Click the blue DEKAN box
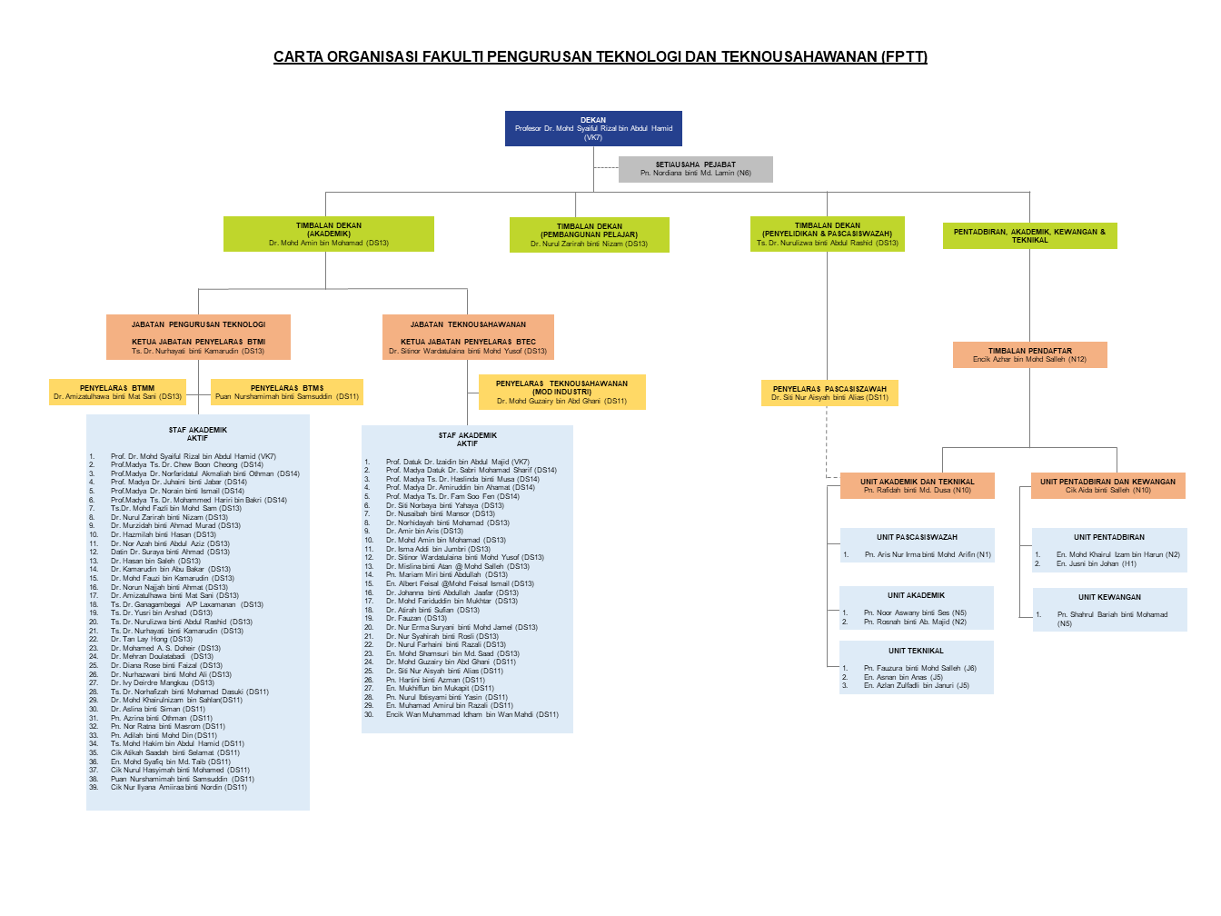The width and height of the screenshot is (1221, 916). (593, 128)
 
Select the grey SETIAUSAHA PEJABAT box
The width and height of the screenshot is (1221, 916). (695, 169)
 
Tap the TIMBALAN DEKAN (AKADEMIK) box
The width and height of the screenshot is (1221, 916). (329, 234)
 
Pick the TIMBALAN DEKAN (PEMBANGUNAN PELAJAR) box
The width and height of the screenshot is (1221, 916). (589, 234)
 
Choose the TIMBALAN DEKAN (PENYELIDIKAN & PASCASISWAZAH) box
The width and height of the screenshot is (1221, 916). (827, 234)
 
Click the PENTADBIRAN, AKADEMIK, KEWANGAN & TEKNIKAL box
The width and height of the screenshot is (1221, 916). (1029, 235)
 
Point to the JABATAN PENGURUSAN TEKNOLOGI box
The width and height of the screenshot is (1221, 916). (198, 337)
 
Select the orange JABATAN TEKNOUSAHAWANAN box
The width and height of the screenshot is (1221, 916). (468, 337)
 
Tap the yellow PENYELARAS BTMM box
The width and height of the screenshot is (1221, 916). (117, 392)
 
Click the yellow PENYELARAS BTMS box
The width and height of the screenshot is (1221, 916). (287, 392)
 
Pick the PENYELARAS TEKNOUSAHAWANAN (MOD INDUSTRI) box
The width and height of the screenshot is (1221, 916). (561, 392)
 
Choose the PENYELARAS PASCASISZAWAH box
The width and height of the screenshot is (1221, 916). (829, 393)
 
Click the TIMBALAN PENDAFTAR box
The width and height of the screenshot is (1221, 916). (1029, 354)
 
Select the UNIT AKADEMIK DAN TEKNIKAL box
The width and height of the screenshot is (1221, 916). (918, 485)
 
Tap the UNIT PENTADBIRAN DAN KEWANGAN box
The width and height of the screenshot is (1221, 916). (1107, 485)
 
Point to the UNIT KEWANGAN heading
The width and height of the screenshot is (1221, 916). (1109, 597)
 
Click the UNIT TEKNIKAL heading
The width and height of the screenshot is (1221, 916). (916, 651)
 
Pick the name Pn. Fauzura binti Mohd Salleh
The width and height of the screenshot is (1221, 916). (920, 668)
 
